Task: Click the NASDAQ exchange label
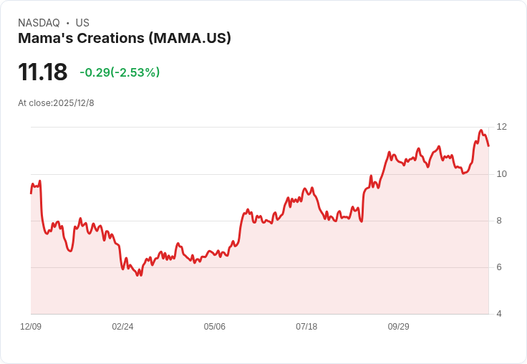pyautogui.click(x=39, y=23)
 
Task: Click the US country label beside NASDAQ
pyautogui.click(x=82, y=23)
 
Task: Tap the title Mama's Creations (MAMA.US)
pyautogui.click(x=125, y=39)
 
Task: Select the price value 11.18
pyautogui.click(x=42, y=72)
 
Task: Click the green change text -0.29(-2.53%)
pyautogui.click(x=120, y=72)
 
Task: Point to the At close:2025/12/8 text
pyautogui.click(x=56, y=103)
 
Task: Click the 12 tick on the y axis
pyautogui.click(x=501, y=127)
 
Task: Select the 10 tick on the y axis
pyautogui.click(x=501, y=174)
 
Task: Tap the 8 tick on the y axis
pyautogui.click(x=499, y=221)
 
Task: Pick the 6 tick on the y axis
pyautogui.click(x=499, y=267)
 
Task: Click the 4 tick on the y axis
pyautogui.click(x=499, y=314)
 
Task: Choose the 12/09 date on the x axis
pyautogui.click(x=31, y=327)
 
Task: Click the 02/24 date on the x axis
pyautogui.click(x=122, y=327)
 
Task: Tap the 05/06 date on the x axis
pyautogui.click(x=215, y=327)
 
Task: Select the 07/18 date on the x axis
pyautogui.click(x=306, y=327)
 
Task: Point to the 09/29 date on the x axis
pyautogui.click(x=399, y=327)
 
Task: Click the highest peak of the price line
pyautogui.click(x=480, y=130)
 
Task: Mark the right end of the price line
pyautogui.click(x=488, y=146)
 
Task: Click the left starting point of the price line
pyautogui.click(x=31, y=193)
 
